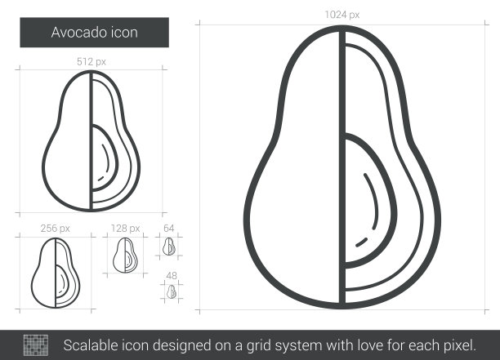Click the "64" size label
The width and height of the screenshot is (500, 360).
click(x=168, y=228)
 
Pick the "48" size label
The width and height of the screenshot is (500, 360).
click(x=172, y=276)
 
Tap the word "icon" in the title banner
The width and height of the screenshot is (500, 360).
click(x=124, y=33)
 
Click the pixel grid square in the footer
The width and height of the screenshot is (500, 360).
click(x=36, y=345)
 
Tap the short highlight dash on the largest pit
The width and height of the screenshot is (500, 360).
click(x=361, y=242)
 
